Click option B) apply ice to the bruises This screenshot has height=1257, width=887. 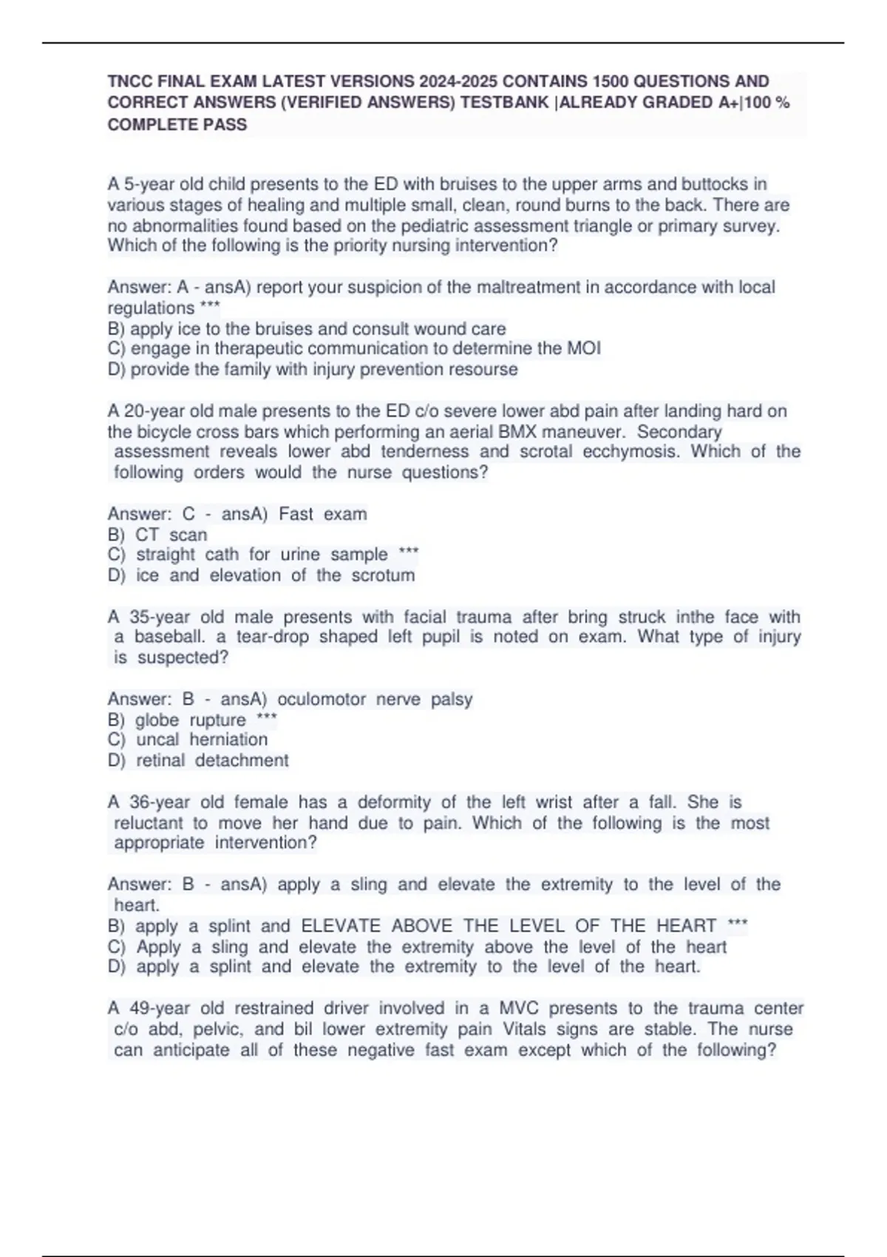[x=307, y=328]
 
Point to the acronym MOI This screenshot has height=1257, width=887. [x=584, y=348]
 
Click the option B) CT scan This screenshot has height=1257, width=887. [x=157, y=535]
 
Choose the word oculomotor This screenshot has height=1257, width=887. [x=321, y=699]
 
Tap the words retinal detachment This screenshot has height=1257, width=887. [x=212, y=760]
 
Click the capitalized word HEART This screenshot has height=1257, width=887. [x=687, y=926]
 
